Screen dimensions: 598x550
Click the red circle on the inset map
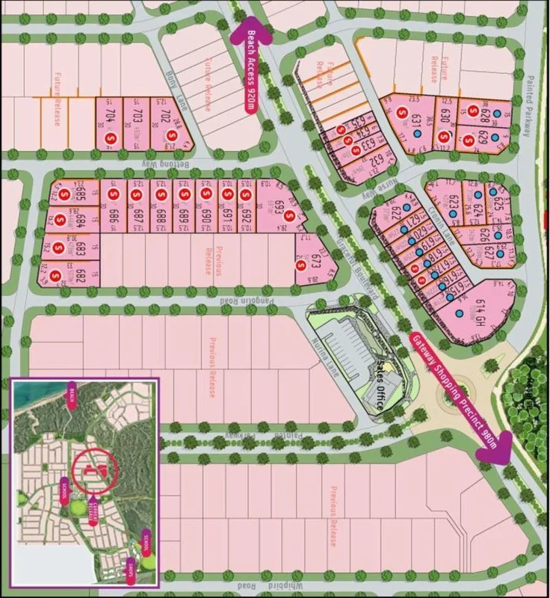[x=95, y=468]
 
